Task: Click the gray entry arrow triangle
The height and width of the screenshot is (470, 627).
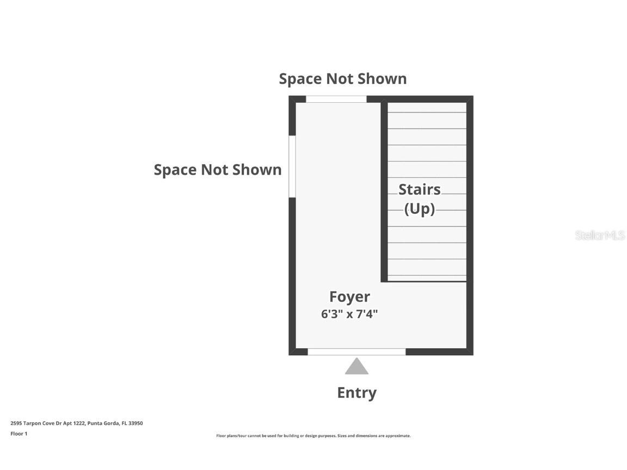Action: point(356,367)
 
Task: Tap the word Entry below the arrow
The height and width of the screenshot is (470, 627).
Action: point(356,393)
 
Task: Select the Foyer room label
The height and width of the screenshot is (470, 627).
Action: point(349,297)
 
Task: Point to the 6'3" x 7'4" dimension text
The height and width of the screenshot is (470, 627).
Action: point(349,314)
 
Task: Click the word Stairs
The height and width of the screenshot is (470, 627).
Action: point(420,189)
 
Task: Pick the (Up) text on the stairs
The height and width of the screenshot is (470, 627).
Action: point(420,209)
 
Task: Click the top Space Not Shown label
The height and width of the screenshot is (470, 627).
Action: point(343,79)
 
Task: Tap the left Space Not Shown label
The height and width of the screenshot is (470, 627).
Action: point(218,170)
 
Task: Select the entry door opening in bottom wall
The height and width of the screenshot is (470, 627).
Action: point(356,352)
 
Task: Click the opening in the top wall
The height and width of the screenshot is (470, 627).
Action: point(336,99)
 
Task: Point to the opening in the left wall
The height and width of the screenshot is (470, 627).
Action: point(292,166)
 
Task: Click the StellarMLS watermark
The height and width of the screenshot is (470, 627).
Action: point(599,236)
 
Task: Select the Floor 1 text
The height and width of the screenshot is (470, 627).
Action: point(19,434)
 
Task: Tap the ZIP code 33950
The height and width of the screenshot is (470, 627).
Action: point(136,423)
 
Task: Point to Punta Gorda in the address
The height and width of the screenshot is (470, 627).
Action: point(103,423)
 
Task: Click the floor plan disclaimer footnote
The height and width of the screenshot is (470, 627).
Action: point(313,436)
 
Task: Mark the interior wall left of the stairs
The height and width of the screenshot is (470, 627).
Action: point(384,192)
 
